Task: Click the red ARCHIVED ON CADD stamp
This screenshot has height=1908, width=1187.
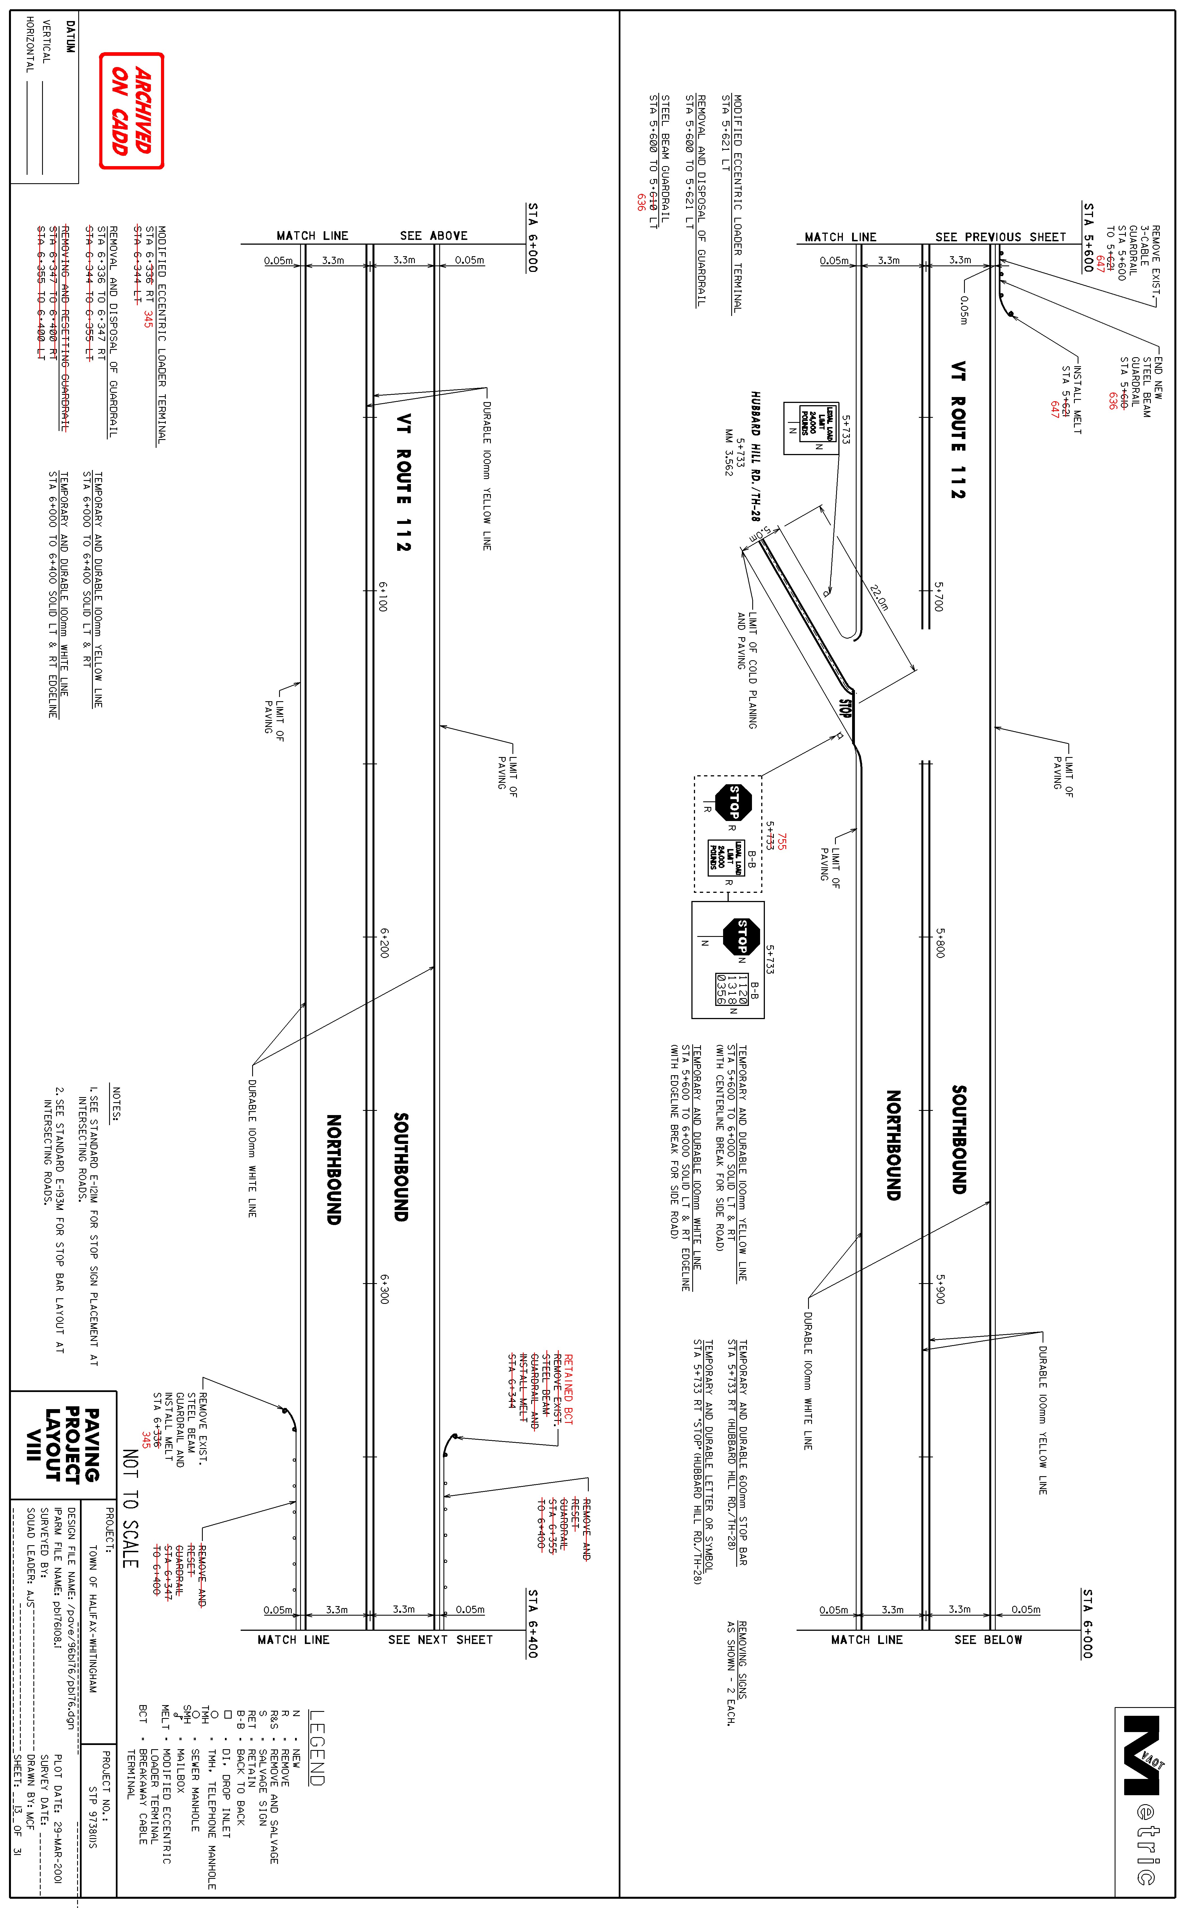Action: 131,111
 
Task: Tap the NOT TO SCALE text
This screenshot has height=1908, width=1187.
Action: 130,1509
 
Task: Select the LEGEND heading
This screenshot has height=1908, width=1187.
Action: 316,1748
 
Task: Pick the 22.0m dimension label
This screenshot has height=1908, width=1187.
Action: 879,598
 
